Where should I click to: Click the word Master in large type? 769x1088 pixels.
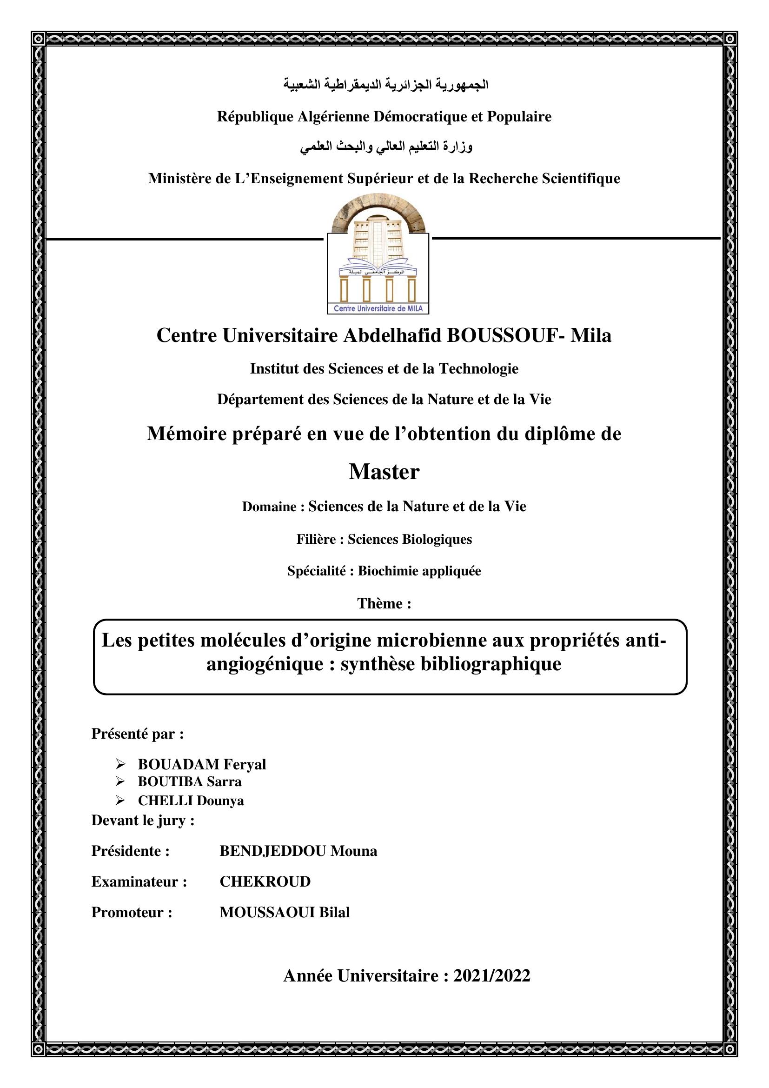(384, 472)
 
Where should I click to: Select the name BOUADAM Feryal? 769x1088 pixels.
(202, 764)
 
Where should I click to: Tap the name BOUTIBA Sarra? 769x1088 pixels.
(189, 781)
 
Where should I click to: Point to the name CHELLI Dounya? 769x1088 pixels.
(191, 801)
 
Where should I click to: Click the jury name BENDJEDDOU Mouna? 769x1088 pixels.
(298, 851)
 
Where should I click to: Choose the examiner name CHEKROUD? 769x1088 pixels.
(265, 881)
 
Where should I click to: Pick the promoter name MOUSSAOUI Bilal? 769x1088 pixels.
(285, 912)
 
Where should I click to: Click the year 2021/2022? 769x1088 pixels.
(491, 976)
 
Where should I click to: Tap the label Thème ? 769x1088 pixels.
(384, 603)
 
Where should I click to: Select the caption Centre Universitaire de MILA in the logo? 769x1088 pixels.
(378, 309)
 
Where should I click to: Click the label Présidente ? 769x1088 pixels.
(131, 851)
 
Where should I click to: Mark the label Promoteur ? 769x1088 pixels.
(132, 912)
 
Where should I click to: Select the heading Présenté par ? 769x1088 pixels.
(138, 734)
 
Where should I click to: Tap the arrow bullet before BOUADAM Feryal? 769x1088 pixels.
(120, 764)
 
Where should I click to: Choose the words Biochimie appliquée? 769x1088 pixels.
(419, 571)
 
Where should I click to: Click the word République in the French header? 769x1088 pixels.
(255, 117)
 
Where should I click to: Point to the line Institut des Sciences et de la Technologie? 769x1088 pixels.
(384, 369)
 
